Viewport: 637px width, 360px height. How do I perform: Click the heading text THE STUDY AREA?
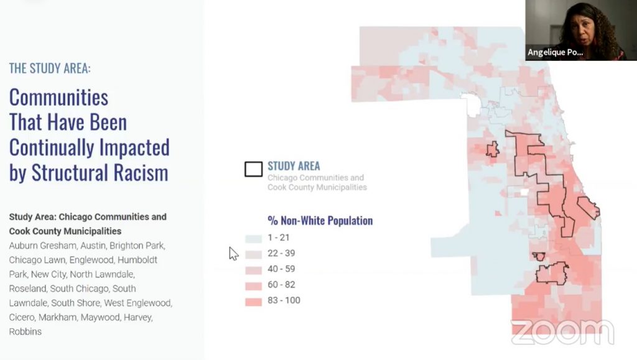pos(50,68)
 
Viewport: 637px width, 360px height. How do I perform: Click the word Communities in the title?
pos(58,98)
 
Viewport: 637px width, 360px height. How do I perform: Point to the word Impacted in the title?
pos(131,147)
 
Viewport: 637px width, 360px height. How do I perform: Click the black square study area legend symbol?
pos(253,169)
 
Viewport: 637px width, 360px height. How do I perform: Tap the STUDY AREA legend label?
pos(294,166)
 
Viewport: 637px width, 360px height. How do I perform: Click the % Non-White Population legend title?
pos(320,221)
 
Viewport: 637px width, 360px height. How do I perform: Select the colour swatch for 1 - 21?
pos(253,238)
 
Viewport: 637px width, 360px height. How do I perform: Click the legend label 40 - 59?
pos(281,269)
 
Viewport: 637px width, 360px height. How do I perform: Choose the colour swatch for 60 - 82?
pos(253,285)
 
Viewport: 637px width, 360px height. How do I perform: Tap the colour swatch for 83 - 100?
pos(253,301)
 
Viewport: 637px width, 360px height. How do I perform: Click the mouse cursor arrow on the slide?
pos(233,253)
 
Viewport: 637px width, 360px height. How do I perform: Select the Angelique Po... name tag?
pos(556,53)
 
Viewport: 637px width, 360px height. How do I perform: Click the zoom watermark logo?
pos(562,333)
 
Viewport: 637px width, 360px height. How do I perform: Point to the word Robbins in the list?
pos(25,331)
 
